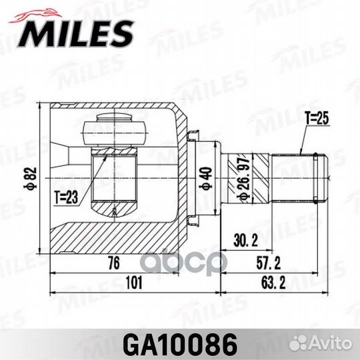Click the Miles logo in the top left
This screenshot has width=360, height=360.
tap(73, 30)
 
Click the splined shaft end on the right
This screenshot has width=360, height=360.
tap(300, 179)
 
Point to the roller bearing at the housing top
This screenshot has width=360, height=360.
tap(121, 130)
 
